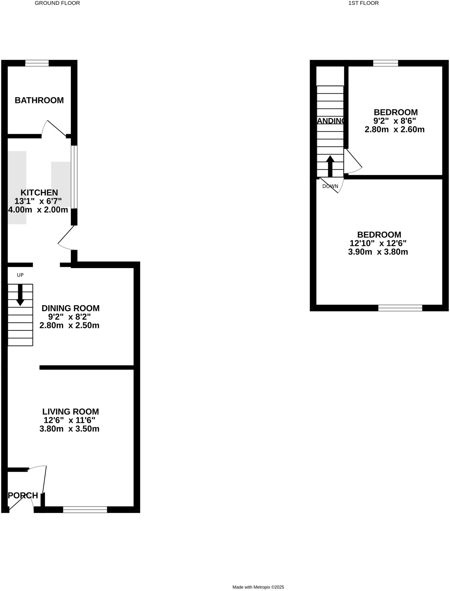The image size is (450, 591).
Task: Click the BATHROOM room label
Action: (x=39, y=100)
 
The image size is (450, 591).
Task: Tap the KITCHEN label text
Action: (x=39, y=192)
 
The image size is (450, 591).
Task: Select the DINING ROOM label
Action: (x=70, y=308)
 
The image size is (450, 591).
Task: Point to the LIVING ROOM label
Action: (x=70, y=412)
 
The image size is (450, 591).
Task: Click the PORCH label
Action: (x=23, y=495)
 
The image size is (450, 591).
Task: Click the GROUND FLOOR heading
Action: (x=57, y=3)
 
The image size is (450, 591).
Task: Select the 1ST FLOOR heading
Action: (x=363, y=3)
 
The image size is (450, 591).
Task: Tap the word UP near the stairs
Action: (x=20, y=275)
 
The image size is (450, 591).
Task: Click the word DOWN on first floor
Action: (x=330, y=186)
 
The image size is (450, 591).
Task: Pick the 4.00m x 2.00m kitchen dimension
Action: (x=38, y=210)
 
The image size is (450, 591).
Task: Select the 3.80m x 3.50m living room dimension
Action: (x=70, y=429)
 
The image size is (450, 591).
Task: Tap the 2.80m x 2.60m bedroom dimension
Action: (x=394, y=129)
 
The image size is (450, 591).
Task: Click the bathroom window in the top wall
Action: (x=37, y=63)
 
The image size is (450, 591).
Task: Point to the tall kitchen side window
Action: (x=74, y=177)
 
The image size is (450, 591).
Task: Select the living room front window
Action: (x=85, y=510)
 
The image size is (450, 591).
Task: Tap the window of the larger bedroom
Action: (x=400, y=308)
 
